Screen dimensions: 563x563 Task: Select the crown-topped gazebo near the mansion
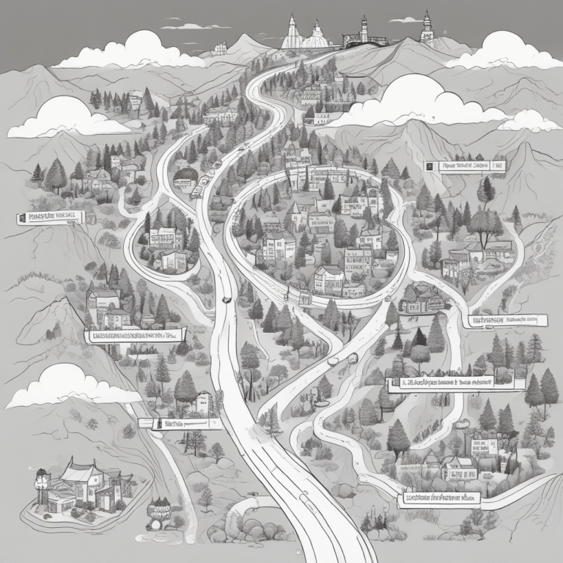pos(158,509)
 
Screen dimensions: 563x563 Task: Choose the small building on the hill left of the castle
pos(219,48)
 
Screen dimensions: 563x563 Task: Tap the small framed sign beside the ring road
pos(305,298)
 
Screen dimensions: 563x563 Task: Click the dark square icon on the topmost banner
pos(430,166)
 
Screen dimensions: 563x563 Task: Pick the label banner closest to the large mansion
pos(179,423)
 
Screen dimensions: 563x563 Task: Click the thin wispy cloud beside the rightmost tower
pos(405,20)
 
